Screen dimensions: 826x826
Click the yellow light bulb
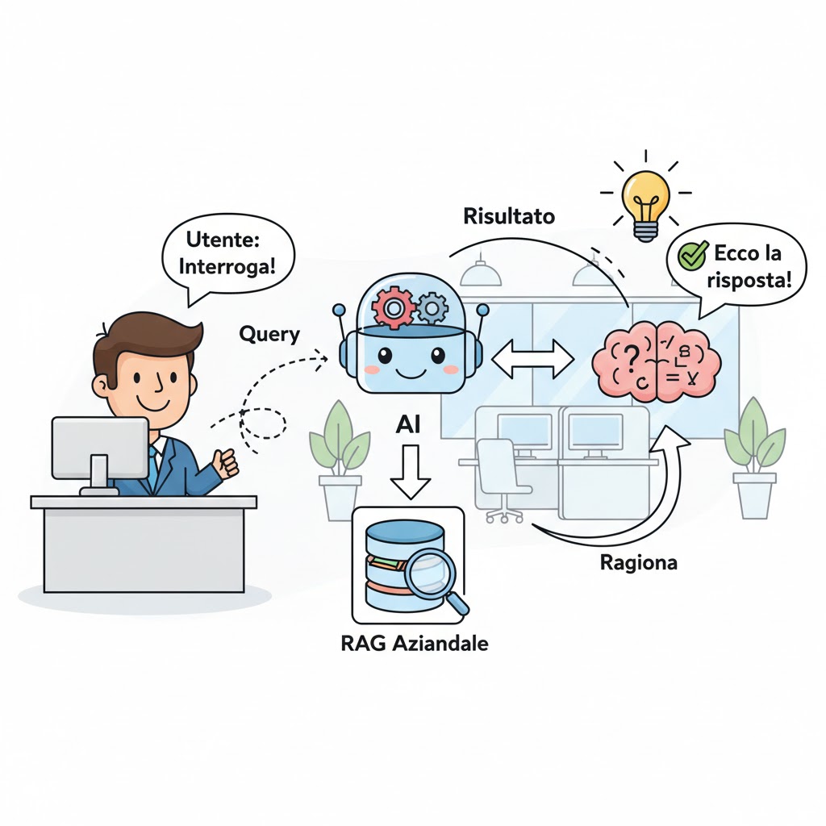coord(646,202)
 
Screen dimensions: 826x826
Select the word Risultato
coord(509,216)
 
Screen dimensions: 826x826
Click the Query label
coord(269,335)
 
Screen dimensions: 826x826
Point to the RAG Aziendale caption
coord(415,643)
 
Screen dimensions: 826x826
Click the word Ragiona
coord(639,563)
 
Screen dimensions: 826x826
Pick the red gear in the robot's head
coord(393,307)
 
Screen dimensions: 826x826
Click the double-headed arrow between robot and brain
coord(532,359)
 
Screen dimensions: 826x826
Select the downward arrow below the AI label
coord(411,472)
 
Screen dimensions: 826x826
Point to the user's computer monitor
coord(100,454)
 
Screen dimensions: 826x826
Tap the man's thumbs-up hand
coord(225,463)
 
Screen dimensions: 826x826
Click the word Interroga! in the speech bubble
coord(227,266)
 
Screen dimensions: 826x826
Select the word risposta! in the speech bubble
coord(749,280)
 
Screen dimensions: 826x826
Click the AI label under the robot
coord(407,424)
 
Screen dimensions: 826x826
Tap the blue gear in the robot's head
coord(432,309)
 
